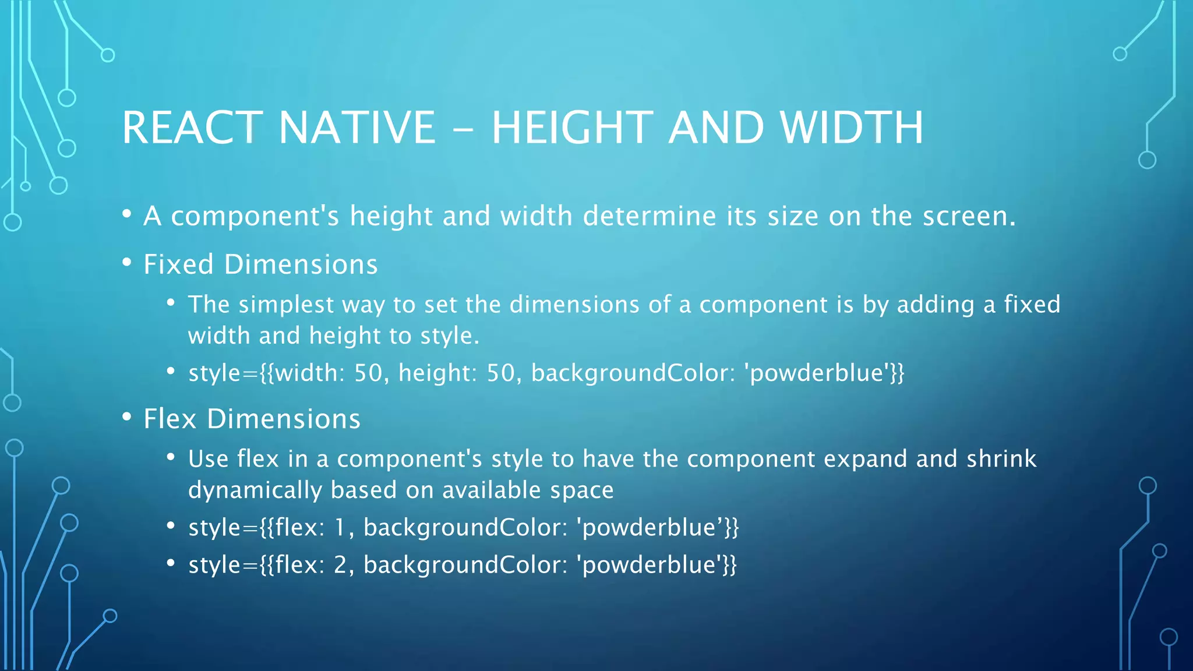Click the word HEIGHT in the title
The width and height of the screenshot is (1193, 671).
[571, 128]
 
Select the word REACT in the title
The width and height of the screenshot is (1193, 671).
[192, 128]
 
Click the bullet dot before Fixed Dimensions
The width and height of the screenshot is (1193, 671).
[127, 263]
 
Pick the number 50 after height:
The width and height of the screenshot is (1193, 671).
[500, 373]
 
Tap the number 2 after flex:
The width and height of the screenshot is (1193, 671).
[340, 565]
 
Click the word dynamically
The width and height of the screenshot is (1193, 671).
[255, 490]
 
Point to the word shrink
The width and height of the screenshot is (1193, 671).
[1001, 459]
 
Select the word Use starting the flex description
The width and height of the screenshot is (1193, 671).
[208, 459]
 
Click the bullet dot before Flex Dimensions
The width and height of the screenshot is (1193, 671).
[127, 418]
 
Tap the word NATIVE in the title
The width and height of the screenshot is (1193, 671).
[357, 128]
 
